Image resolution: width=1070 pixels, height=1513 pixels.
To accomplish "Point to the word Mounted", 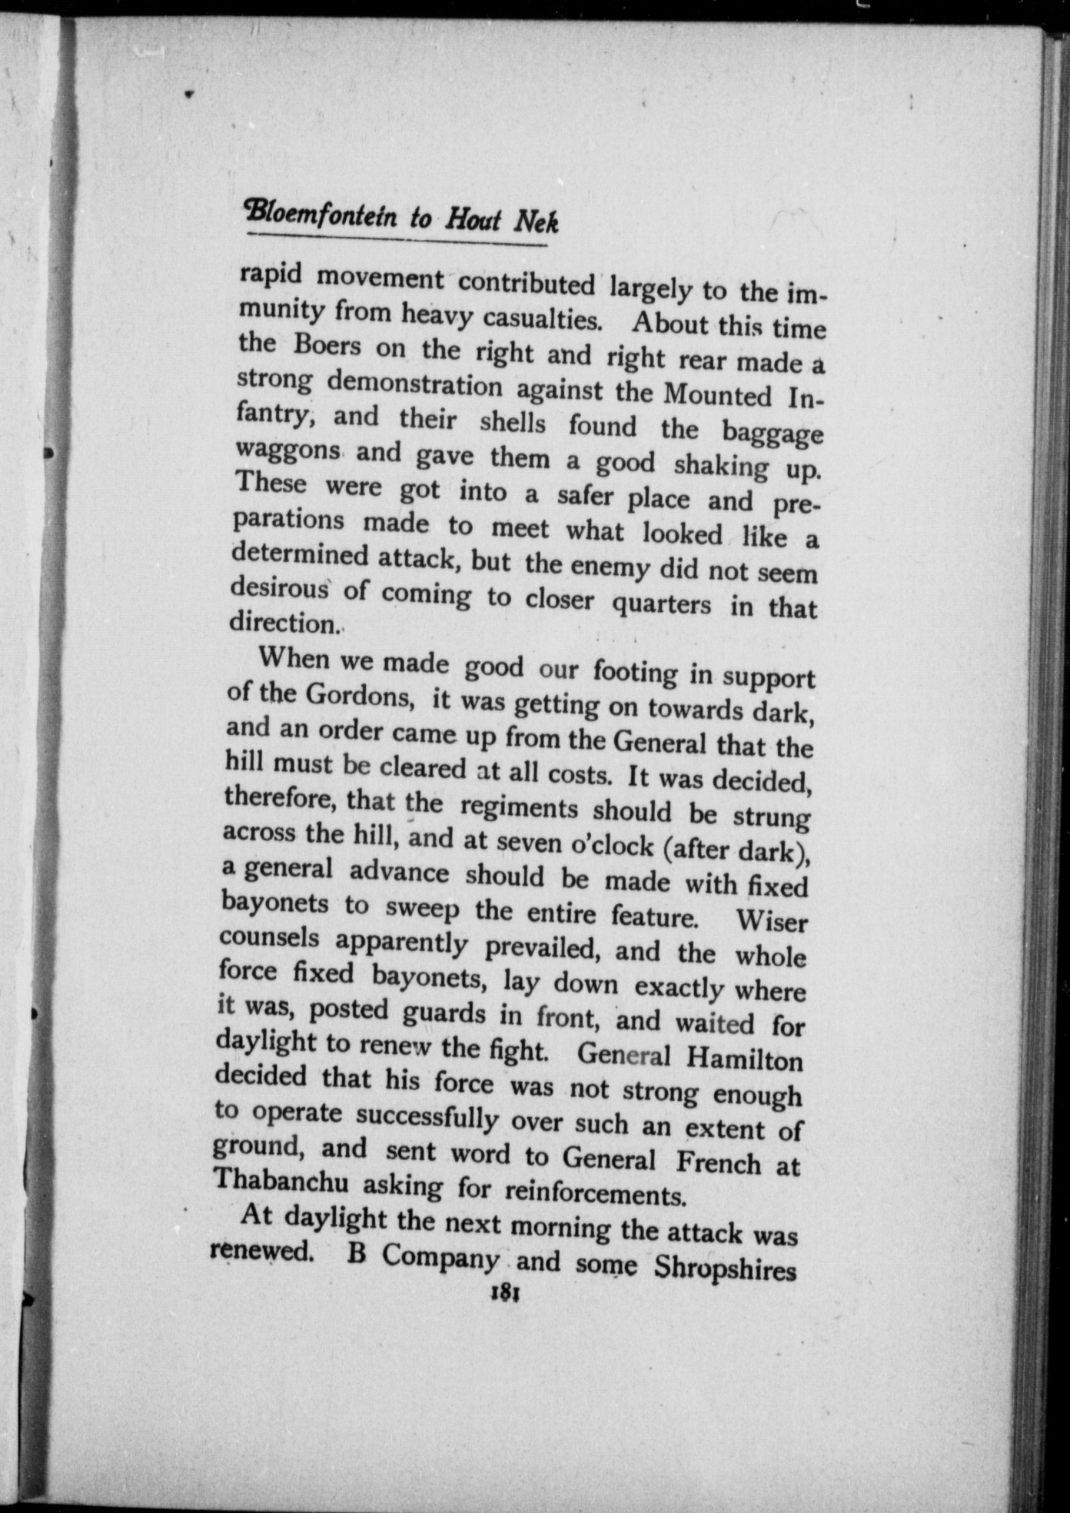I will (716, 395).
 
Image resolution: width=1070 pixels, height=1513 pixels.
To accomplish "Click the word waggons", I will (287, 448).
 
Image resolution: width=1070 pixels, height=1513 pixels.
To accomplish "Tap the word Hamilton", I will (743, 1060).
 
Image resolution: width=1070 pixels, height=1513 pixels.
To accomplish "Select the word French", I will (718, 1162).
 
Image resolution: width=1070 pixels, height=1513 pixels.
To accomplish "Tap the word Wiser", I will (770, 921).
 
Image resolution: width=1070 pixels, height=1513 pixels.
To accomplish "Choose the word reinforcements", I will (594, 1193).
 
